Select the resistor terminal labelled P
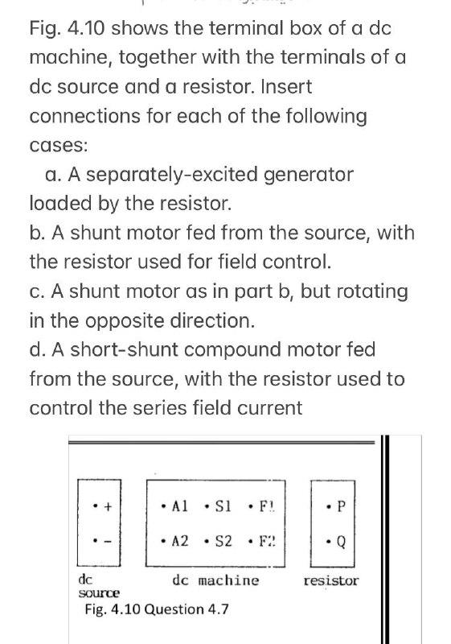pyautogui.click(x=342, y=507)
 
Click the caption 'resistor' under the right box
pyautogui.click(x=331, y=580)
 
